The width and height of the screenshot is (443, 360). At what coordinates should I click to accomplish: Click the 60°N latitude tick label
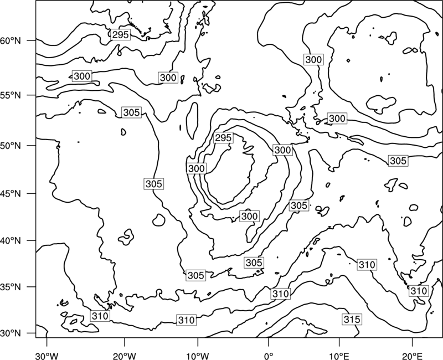click(11, 40)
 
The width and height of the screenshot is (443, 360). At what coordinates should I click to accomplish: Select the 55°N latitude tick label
click(11, 95)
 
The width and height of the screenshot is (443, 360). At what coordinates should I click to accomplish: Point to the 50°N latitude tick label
click(11, 146)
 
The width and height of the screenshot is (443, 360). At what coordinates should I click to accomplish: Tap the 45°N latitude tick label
click(11, 193)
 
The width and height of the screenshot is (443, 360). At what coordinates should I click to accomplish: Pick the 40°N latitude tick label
click(11, 241)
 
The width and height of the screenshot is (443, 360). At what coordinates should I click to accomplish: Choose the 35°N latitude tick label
click(11, 287)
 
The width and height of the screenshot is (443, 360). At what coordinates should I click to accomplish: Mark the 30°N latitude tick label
click(11, 333)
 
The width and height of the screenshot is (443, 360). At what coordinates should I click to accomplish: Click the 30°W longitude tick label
click(47, 356)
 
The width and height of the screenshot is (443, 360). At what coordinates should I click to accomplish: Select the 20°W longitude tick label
click(125, 356)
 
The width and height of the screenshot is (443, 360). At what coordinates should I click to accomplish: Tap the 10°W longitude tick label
click(198, 356)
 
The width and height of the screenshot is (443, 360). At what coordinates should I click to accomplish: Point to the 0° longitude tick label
click(269, 356)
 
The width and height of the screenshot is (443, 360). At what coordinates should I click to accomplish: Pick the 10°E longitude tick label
click(339, 356)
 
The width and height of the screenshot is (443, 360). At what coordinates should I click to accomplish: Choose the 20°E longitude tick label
click(413, 356)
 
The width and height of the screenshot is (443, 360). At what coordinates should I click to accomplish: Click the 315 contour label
click(352, 320)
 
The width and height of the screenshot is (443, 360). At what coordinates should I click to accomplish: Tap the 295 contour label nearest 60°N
click(120, 34)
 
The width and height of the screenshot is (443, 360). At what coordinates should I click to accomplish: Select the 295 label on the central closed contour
click(224, 138)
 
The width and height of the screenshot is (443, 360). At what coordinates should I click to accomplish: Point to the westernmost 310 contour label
click(100, 316)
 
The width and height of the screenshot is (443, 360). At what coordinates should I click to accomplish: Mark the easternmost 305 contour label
click(398, 161)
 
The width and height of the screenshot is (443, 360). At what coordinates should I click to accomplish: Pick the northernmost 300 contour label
click(313, 60)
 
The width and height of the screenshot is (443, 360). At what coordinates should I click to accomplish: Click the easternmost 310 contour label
click(419, 291)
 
